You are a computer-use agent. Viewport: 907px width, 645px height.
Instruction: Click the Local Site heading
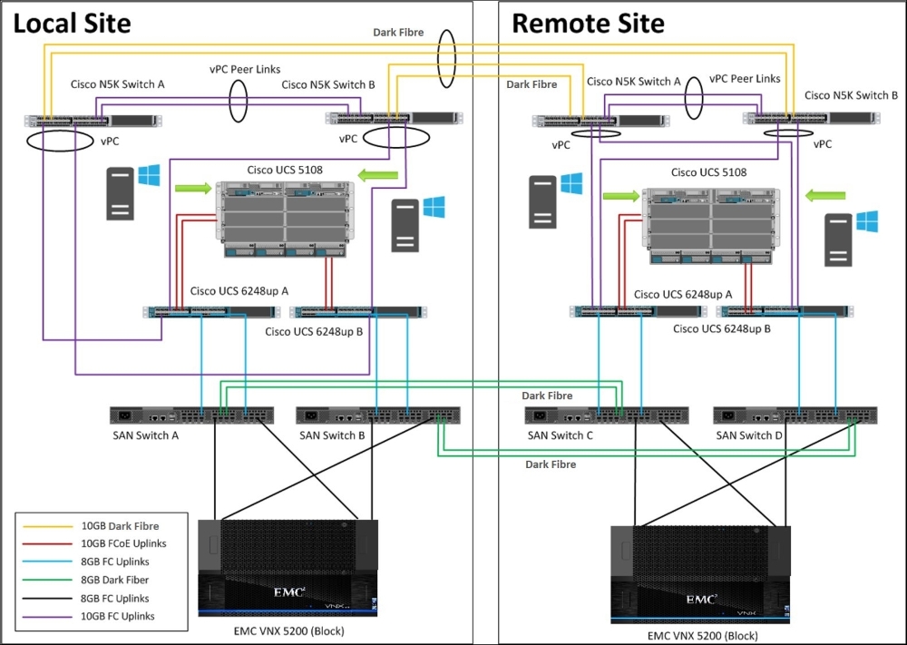click(72, 24)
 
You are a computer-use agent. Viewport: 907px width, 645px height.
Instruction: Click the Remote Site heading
click(589, 24)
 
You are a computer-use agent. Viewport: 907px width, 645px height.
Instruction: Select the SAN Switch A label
click(146, 435)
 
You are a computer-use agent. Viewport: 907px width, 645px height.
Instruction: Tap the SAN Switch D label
click(749, 435)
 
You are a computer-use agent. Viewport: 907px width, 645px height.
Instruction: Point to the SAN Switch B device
click(378, 415)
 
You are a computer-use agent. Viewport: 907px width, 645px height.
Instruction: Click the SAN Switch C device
click(606, 415)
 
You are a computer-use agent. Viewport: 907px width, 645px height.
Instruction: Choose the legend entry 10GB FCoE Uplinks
click(123, 543)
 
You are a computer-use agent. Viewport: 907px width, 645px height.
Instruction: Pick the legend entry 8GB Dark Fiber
click(114, 580)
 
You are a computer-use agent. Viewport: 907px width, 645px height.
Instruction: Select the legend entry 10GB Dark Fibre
click(120, 526)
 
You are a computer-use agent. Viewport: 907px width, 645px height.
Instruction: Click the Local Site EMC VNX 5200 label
click(288, 631)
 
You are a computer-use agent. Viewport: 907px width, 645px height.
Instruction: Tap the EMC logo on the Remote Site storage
click(702, 600)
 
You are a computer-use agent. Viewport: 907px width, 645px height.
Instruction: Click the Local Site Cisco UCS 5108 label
click(285, 170)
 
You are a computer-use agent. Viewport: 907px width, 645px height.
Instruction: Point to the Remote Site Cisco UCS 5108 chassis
click(710, 226)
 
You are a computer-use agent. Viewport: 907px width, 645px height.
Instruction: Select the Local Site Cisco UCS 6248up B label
click(314, 332)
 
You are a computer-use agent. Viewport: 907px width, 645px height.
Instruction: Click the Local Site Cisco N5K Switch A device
click(93, 121)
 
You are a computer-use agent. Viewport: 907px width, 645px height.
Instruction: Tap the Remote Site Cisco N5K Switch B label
click(851, 95)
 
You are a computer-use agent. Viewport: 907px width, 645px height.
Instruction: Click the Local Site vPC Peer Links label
click(245, 70)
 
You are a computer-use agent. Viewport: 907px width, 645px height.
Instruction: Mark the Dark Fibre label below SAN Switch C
click(551, 464)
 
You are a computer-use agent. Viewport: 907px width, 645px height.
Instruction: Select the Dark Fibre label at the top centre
click(398, 33)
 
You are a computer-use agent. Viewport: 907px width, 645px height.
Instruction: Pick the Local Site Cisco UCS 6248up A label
click(239, 291)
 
